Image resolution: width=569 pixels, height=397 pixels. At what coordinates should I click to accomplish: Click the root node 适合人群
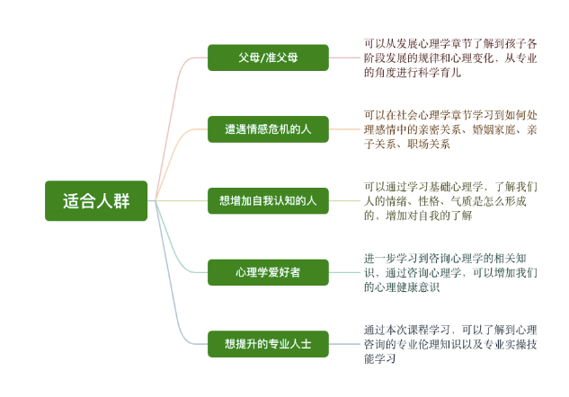coord(96,201)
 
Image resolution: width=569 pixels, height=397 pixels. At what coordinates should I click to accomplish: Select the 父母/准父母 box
coord(268,57)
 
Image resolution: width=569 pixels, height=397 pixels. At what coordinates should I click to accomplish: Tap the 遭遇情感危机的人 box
coord(268,129)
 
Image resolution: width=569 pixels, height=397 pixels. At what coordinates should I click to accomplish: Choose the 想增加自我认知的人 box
coord(268,201)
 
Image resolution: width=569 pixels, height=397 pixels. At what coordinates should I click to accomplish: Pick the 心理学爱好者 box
coord(268,272)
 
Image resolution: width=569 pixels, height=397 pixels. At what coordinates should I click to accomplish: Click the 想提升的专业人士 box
coord(268,344)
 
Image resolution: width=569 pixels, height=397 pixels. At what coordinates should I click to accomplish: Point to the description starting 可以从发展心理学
coord(450,58)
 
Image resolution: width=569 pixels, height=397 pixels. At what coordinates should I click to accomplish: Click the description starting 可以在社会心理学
coord(450,129)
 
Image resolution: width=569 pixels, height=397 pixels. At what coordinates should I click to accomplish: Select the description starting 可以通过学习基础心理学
coord(450,201)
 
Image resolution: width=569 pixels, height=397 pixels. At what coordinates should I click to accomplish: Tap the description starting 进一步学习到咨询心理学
coord(450,273)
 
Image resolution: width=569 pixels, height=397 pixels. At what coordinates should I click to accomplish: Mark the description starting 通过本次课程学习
coord(450,344)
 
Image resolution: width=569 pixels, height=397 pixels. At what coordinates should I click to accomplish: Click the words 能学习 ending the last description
coord(380,359)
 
